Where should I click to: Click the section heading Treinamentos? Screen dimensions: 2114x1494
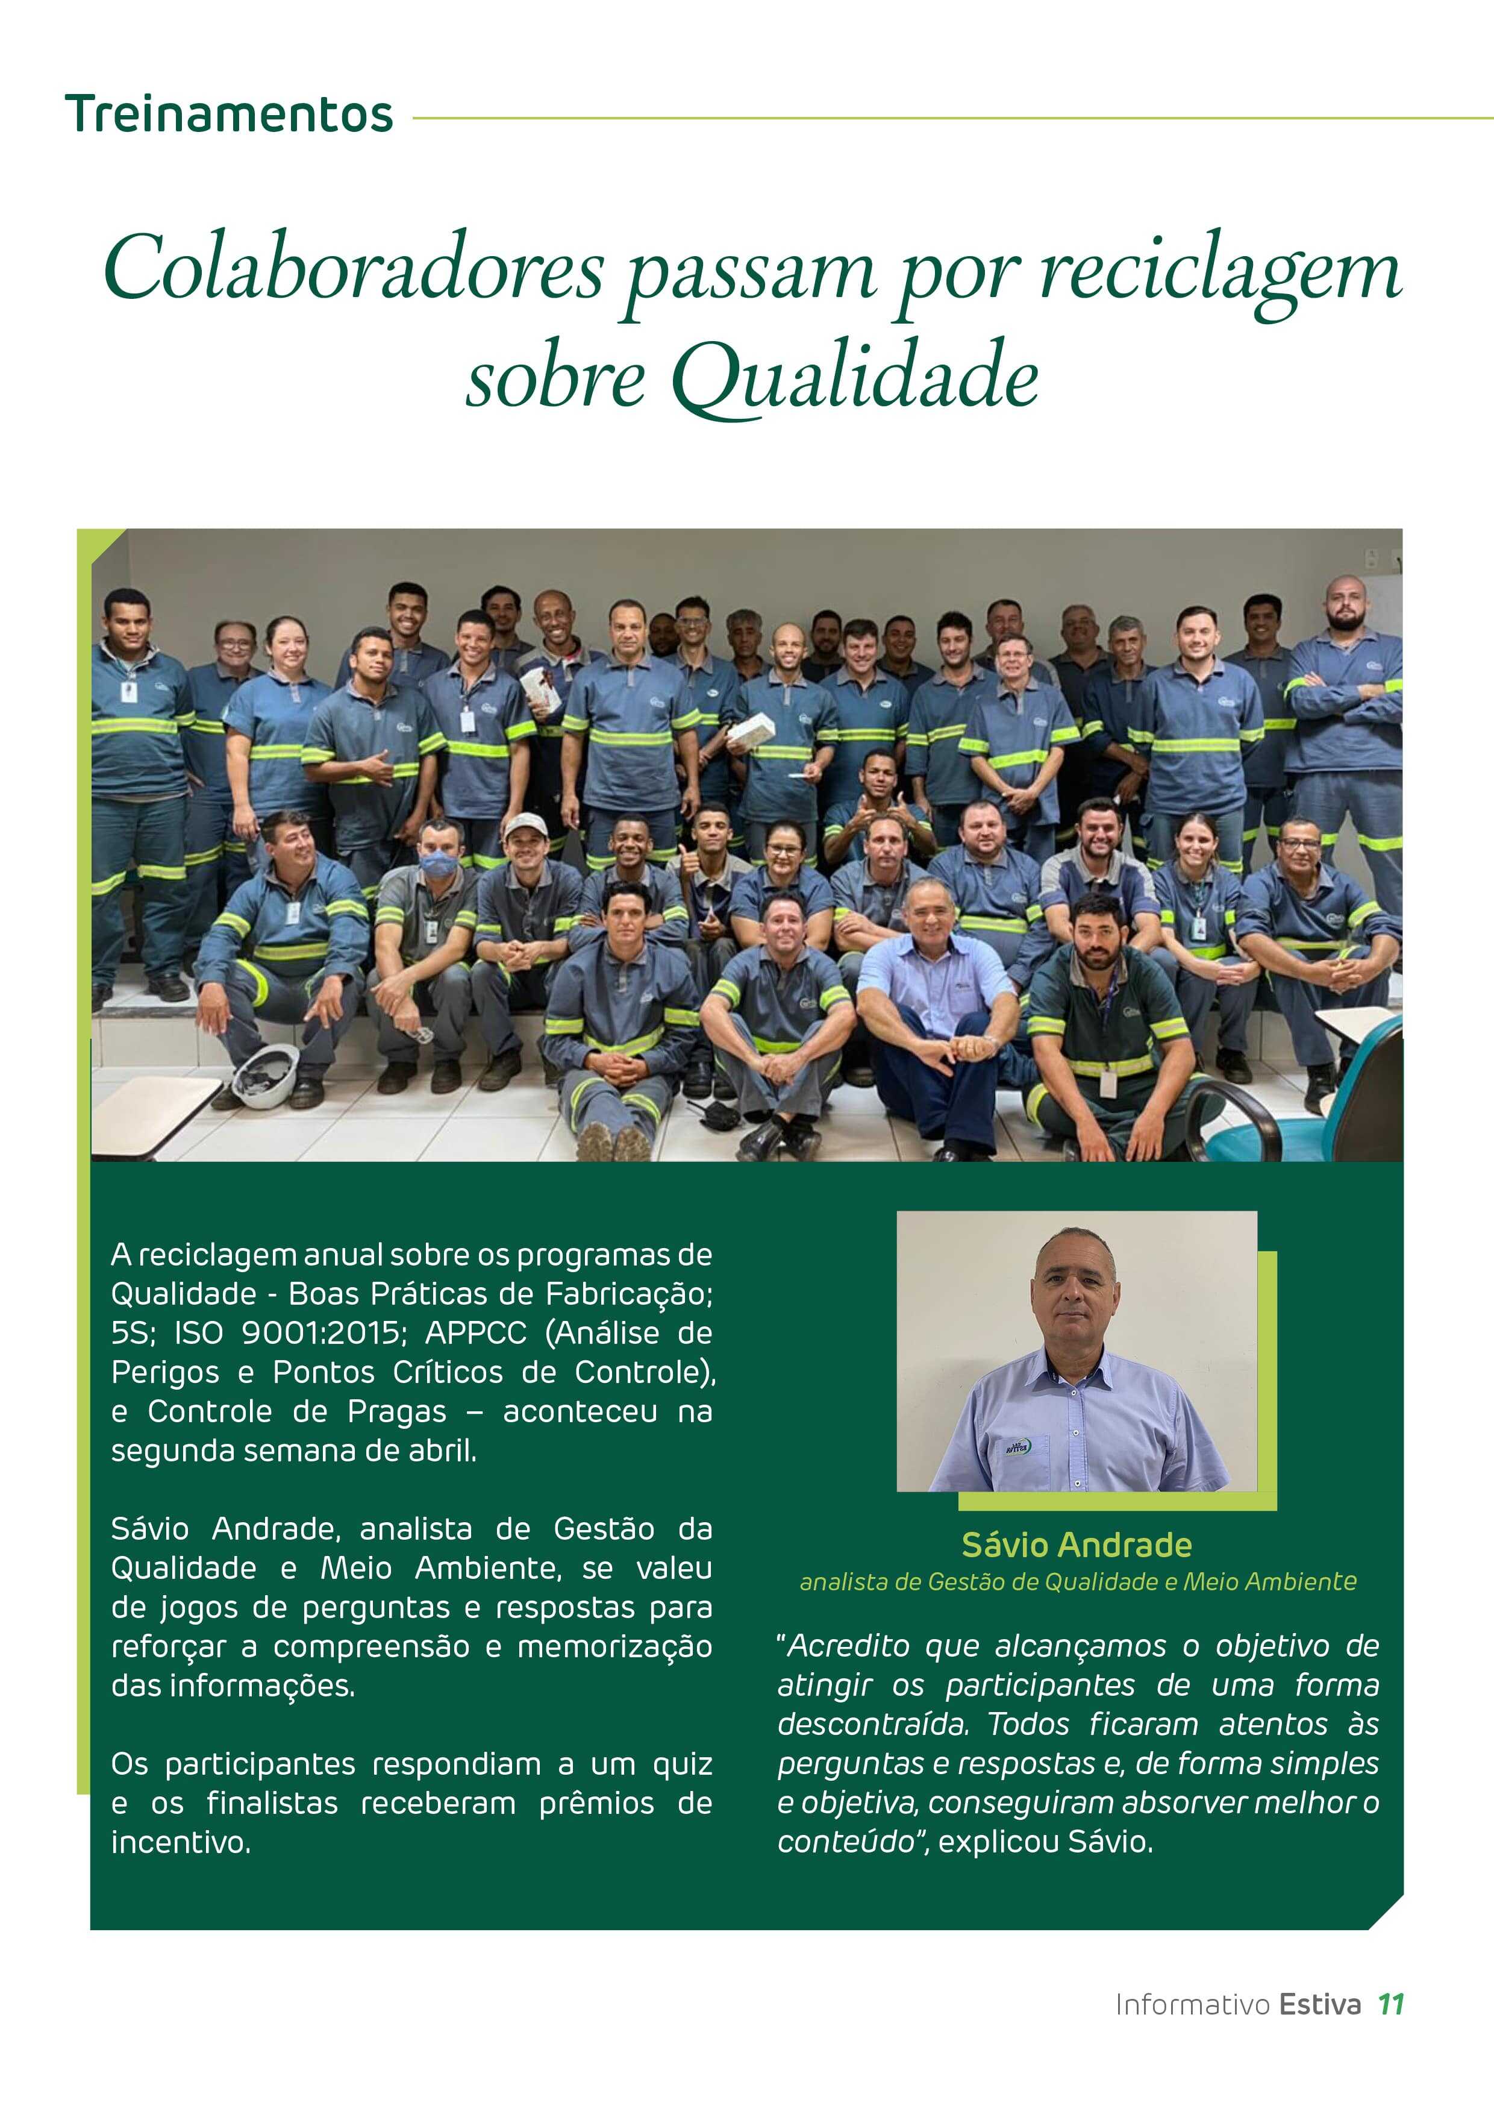[x=229, y=115]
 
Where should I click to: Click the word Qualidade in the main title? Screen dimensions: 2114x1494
[x=855, y=377]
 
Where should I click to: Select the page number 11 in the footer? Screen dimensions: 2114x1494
[x=1390, y=2004]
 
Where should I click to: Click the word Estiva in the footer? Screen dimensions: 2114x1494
[x=1319, y=2004]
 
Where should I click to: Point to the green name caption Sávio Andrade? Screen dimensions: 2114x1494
[x=1076, y=1544]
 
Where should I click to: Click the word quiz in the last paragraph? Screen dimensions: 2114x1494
[x=682, y=1764]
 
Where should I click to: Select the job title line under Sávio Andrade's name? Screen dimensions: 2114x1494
[x=1078, y=1582]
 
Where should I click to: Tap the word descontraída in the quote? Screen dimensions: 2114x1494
[x=873, y=1724]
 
